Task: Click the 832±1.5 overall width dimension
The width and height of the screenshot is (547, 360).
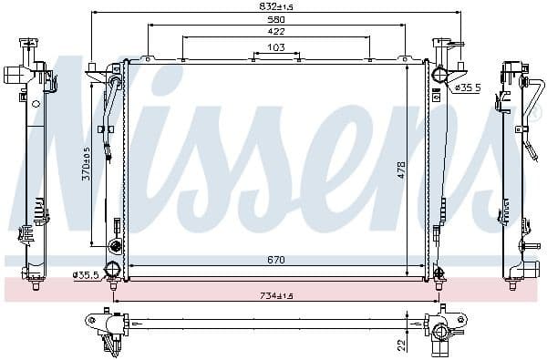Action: click(275, 7)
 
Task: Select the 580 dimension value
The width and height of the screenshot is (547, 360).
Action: click(275, 20)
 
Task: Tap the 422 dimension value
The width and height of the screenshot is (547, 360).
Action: click(275, 32)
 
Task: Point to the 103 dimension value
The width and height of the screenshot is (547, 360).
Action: click(276, 46)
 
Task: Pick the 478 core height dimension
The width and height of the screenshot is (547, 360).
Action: click(401, 170)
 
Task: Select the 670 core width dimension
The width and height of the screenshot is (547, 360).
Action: click(276, 260)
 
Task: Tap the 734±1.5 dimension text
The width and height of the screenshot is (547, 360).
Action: click(276, 295)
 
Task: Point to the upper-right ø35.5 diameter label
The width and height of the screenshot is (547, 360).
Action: click(466, 88)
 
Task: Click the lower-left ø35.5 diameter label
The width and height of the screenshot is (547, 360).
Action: click(86, 273)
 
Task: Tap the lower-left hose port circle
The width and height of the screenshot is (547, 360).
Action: click(114, 269)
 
